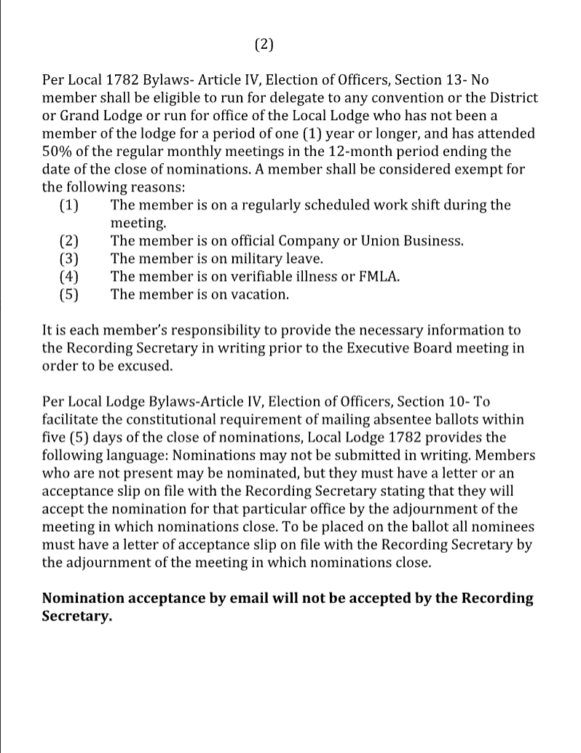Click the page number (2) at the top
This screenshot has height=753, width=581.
coord(265,44)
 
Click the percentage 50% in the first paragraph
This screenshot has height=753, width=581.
coord(58,151)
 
